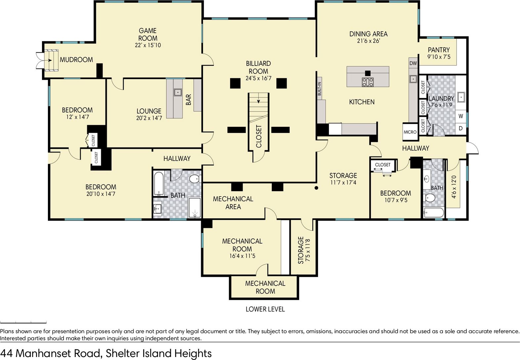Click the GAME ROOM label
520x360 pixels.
(148, 34)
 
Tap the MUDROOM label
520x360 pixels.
(76, 60)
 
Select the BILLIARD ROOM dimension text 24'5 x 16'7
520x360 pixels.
(259, 78)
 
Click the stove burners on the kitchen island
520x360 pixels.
(368, 82)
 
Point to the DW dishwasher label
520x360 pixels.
(413, 63)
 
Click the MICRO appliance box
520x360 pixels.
(410, 132)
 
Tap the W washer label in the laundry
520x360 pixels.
(461, 116)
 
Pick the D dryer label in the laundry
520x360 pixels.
(461, 128)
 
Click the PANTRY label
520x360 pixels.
(439, 50)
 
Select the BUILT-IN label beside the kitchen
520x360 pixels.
(319, 89)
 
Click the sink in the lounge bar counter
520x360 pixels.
(178, 92)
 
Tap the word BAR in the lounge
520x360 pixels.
(188, 100)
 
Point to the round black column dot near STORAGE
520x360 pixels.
(316, 188)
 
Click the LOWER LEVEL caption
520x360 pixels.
(265, 309)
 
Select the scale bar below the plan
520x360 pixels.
(23, 323)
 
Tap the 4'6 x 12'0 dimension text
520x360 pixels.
(454, 187)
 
